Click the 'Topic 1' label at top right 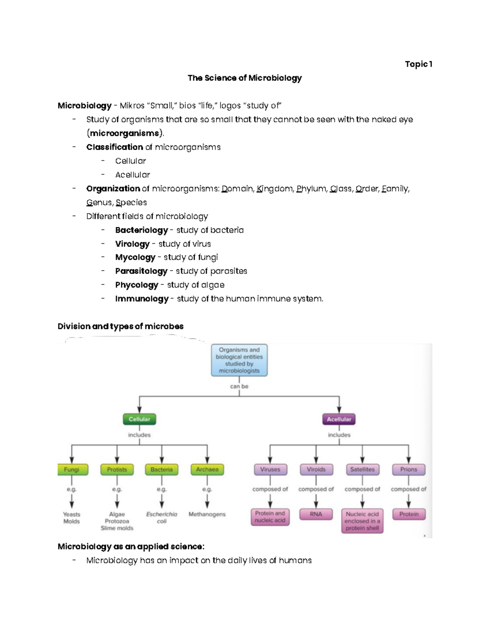coord(419,64)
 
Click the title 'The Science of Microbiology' coord(245,78)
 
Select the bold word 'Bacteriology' coord(141,230)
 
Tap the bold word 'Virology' coord(132,244)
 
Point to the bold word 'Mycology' coord(135,258)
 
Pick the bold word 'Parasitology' coord(141,271)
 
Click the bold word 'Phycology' coord(136,285)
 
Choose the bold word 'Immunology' coord(142,299)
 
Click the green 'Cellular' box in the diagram coord(139,419)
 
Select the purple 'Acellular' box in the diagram coord(339,419)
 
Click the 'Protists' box coord(117,469)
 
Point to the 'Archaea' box coord(207,469)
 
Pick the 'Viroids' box coord(316,469)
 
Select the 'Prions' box coord(408,469)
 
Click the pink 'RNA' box coord(316,514)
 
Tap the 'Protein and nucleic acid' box coord(270,517)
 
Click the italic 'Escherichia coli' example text coord(162,518)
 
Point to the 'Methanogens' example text coord(207,514)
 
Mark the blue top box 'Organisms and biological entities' coord(239,360)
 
